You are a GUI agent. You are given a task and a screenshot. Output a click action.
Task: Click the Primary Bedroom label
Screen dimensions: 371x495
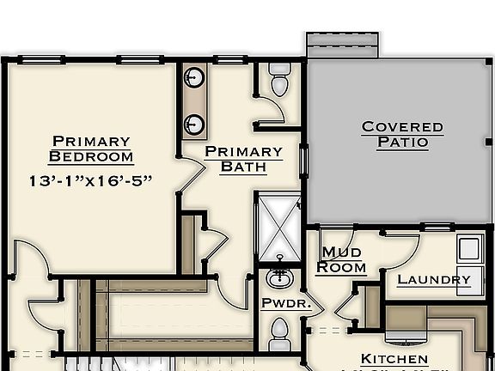pyautogui.click(x=91, y=149)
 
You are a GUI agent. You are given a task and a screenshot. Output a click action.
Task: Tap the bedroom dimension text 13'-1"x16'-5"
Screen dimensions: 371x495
pyautogui.click(x=90, y=180)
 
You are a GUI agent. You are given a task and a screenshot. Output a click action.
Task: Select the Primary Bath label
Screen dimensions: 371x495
pyautogui.click(x=243, y=159)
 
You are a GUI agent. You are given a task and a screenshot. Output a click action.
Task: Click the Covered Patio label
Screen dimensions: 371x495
pyautogui.click(x=402, y=135)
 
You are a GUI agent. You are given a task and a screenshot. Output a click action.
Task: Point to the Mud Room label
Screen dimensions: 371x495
pyautogui.click(x=341, y=259)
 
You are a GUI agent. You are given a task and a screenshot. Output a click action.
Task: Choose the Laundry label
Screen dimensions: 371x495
pyautogui.click(x=434, y=279)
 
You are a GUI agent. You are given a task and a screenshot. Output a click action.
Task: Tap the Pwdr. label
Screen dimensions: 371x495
pyautogui.click(x=279, y=303)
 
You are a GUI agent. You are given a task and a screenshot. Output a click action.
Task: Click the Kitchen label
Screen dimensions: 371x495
pyautogui.click(x=394, y=359)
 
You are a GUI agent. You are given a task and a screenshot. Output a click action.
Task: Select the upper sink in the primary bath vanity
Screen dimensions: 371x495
pyautogui.click(x=195, y=77)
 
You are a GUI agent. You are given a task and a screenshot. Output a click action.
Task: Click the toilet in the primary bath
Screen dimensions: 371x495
pyautogui.click(x=279, y=80)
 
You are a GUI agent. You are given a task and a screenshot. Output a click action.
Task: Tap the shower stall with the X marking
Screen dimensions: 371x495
pyautogui.click(x=278, y=226)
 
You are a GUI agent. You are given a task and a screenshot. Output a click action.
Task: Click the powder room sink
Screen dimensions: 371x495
pyautogui.click(x=279, y=278)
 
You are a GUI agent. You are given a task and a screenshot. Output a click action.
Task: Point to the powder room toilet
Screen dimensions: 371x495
pyautogui.click(x=279, y=333)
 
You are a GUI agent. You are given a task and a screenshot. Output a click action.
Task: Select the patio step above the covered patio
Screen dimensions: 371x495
pyautogui.click(x=342, y=46)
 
